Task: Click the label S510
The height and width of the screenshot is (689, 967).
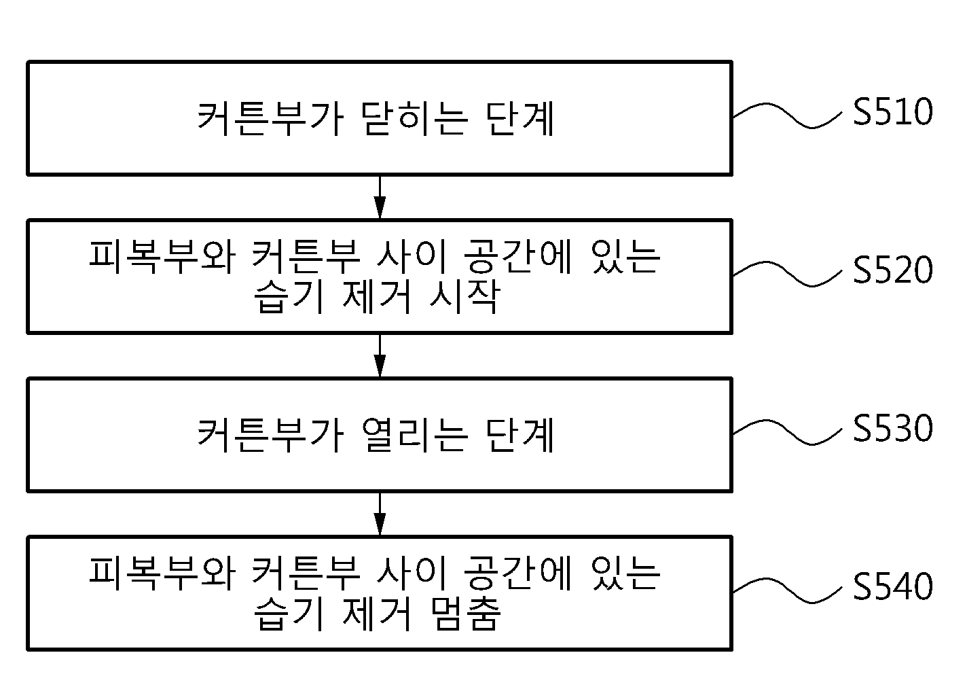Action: pyautogui.click(x=893, y=112)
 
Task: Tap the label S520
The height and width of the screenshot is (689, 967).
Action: pyautogui.click(x=893, y=270)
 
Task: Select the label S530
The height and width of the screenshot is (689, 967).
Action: pyautogui.click(x=893, y=428)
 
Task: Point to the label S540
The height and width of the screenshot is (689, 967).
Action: pyautogui.click(x=893, y=586)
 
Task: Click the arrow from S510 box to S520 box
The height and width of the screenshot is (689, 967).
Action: pyautogui.click(x=380, y=197)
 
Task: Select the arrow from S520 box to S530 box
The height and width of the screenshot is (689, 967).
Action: pyautogui.click(x=380, y=355)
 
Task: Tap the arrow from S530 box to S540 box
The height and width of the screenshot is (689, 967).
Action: pyautogui.click(x=380, y=514)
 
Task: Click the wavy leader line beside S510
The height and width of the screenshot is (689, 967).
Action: pyautogui.click(x=788, y=116)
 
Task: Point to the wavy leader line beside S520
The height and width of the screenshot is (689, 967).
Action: pyautogui.click(x=788, y=273)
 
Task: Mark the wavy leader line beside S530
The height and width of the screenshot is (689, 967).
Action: pyautogui.click(x=788, y=431)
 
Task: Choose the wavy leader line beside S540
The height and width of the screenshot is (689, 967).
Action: pyautogui.click(x=788, y=590)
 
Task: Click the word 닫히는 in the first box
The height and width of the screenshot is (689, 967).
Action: pyautogui.click(x=414, y=119)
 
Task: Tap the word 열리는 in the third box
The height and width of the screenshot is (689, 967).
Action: pyautogui.click(x=414, y=436)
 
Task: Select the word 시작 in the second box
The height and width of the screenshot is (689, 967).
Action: pyautogui.click(x=465, y=296)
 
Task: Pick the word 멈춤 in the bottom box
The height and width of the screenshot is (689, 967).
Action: pyautogui.click(x=465, y=613)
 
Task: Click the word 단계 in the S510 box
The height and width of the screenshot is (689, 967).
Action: pyautogui.click(x=519, y=119)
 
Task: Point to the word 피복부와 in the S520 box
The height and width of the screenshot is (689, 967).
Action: pyautogui.click(x=162, y=258)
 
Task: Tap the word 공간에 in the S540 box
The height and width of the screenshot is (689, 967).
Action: pyautogui.click(x=517, y=574)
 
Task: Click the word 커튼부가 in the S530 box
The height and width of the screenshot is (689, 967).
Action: pyautogui.click(x=270, y=436)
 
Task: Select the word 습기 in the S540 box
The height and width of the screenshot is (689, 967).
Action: pyautogui.click(x=289, y=613)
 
